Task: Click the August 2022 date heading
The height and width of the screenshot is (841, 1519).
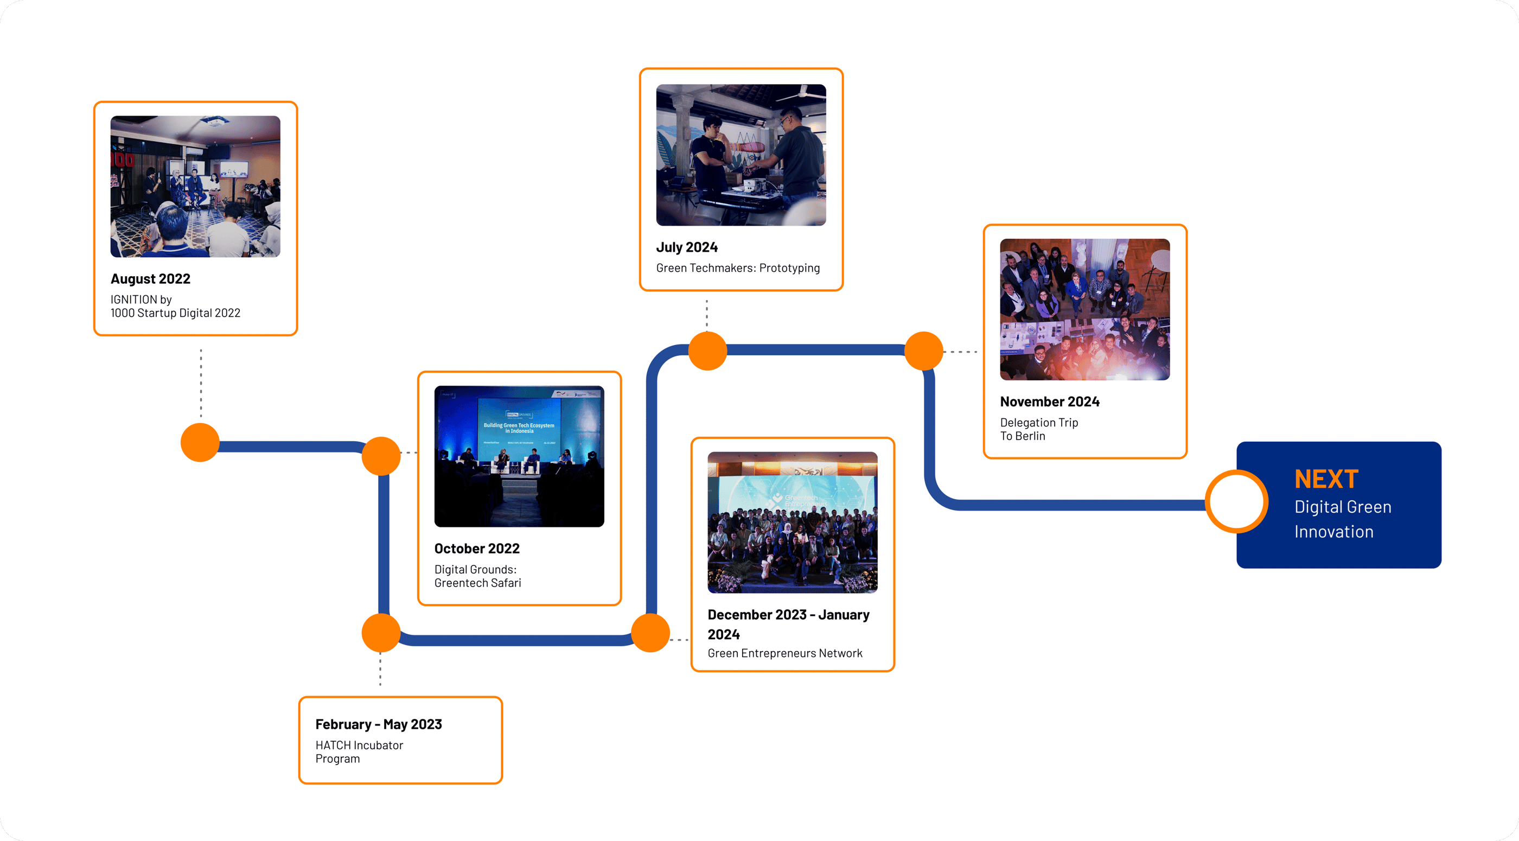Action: click(x=150, y=279)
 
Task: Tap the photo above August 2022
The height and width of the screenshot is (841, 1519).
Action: click(x=195, y=186)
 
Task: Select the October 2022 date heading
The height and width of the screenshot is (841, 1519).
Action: click(x=476, y=549)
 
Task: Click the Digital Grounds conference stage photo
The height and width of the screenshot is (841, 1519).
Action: click(x=519, y=456)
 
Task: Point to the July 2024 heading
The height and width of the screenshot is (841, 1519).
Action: click(x=686, y=247)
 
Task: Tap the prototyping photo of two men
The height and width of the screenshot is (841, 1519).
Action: click(x=741, y=155)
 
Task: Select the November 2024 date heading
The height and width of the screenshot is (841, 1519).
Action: click(x=1050, y=402)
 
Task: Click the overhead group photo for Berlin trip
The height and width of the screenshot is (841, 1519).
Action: click(x=1084, y=309)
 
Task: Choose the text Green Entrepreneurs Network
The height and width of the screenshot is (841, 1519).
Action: click(x=784, y=653)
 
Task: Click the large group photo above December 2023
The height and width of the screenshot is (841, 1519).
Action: click(x=792, y=522)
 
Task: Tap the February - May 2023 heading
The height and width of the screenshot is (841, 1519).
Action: click(x=379, y=724)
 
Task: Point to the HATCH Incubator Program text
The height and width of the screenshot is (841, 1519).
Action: click(x=359, y=752)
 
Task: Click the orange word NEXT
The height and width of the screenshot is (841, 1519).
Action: click(x=1326, y=479)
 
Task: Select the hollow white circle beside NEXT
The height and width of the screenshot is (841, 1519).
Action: click(x=1236, y=502)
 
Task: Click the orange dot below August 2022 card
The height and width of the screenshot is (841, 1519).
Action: click(x=200, y=442)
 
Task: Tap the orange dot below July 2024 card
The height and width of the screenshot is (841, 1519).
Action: click(x=707, y=351)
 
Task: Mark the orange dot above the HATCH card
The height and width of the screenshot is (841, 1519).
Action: click(x=381, y=633)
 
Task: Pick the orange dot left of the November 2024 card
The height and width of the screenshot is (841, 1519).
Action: click(x=923, y=351)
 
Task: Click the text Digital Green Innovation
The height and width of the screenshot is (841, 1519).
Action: click(x=1342, y=520)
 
